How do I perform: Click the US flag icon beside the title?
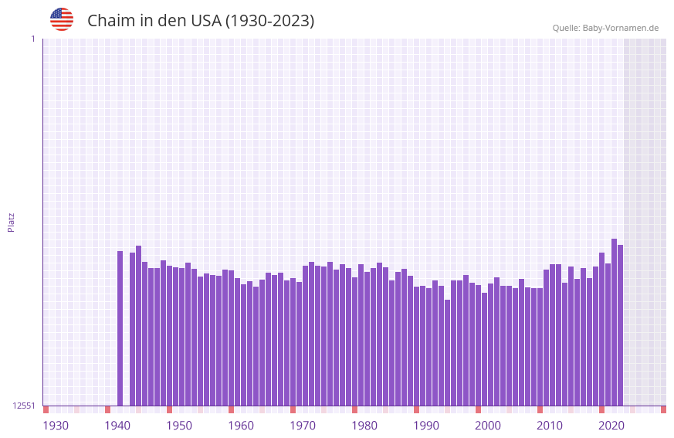tap(62, 19)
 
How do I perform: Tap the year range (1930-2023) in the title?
tap(269, 21)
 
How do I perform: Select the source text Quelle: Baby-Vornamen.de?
tap(605, 28)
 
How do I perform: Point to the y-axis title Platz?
tap(11, 222)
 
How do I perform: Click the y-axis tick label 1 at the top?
tap(32, 39)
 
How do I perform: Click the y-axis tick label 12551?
tap(23, 406)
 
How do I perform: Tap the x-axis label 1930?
tap(56, 426)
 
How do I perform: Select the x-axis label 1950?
tap(179, 426)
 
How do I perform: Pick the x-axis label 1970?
tap(303, 426)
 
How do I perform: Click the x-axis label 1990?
tap(426, 426)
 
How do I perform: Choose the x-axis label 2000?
tap(488, 426)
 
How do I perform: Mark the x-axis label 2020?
tap(611, 426)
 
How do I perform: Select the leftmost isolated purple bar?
tap(120, 328)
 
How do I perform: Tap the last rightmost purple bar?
tap(620, 325)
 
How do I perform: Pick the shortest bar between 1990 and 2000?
tap(447, 352)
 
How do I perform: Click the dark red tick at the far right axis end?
tap(663, 409)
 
